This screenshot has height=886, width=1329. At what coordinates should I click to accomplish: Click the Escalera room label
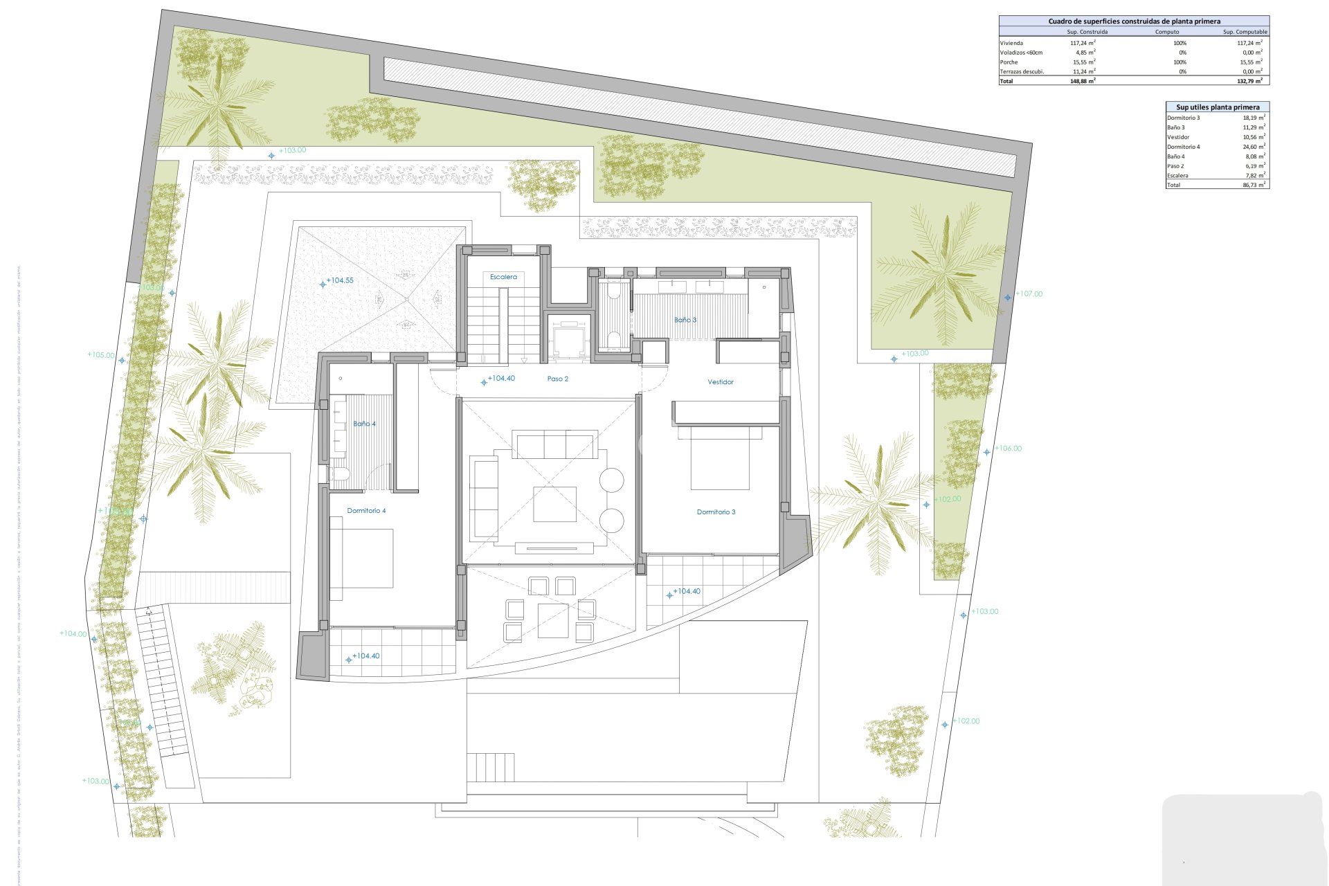[503, 277]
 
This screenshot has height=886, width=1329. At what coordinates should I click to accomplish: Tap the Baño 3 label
[685, 320]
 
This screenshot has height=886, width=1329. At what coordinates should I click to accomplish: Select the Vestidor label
[720, 382]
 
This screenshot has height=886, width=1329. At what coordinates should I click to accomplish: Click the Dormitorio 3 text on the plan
[716, 512]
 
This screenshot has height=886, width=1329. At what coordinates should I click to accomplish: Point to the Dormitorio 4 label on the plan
[366, 511]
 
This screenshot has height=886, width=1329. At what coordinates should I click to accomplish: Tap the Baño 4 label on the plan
[364, 424]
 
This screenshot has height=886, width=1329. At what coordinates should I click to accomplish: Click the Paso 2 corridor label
[557, 379]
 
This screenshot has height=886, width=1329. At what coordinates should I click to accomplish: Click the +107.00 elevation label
[1029, 294]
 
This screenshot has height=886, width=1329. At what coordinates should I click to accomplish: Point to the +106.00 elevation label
[1008, 449]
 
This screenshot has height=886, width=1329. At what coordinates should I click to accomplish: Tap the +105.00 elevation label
[101, 355]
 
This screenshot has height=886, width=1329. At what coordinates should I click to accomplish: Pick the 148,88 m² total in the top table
[1082, 81]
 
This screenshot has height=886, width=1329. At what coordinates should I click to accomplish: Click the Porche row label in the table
[1009, 62]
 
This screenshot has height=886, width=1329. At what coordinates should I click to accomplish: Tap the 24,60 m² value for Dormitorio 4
[1253, 147]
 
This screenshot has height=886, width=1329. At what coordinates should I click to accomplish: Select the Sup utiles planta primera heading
[1218, 107]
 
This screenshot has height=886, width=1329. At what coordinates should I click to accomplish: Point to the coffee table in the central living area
[554, 504]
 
